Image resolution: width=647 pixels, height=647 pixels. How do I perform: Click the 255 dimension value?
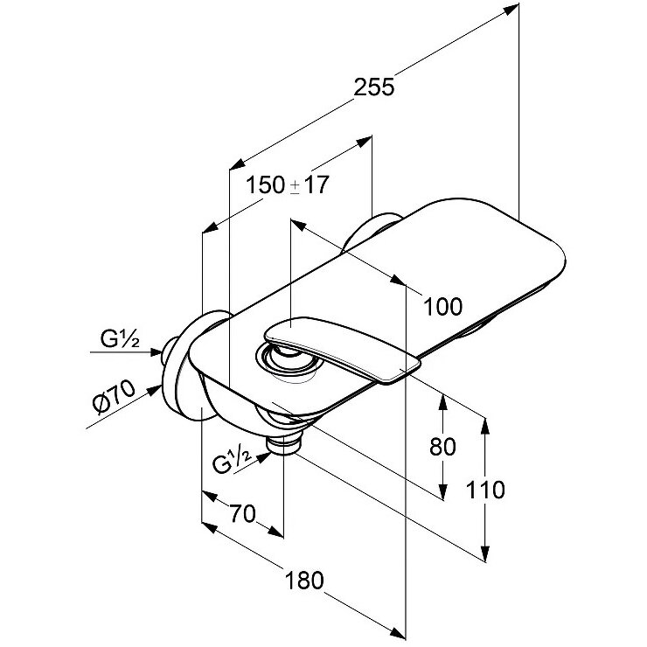point(375,87)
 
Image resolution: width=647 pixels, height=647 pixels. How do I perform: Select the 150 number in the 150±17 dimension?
point(265,185)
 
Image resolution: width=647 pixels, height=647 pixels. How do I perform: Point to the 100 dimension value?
point(442,306)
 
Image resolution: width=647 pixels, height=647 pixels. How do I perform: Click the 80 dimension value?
point(443,447)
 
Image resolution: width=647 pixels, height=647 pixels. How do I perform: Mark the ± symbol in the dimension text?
point(295,186)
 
